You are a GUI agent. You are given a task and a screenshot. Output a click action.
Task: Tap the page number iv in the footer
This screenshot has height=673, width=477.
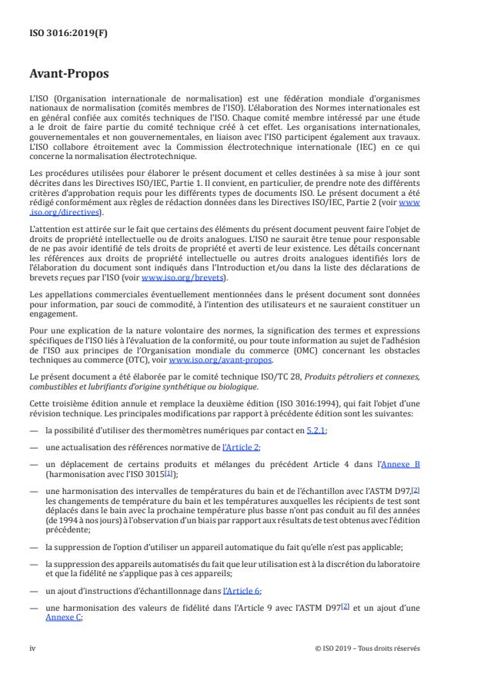32,648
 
